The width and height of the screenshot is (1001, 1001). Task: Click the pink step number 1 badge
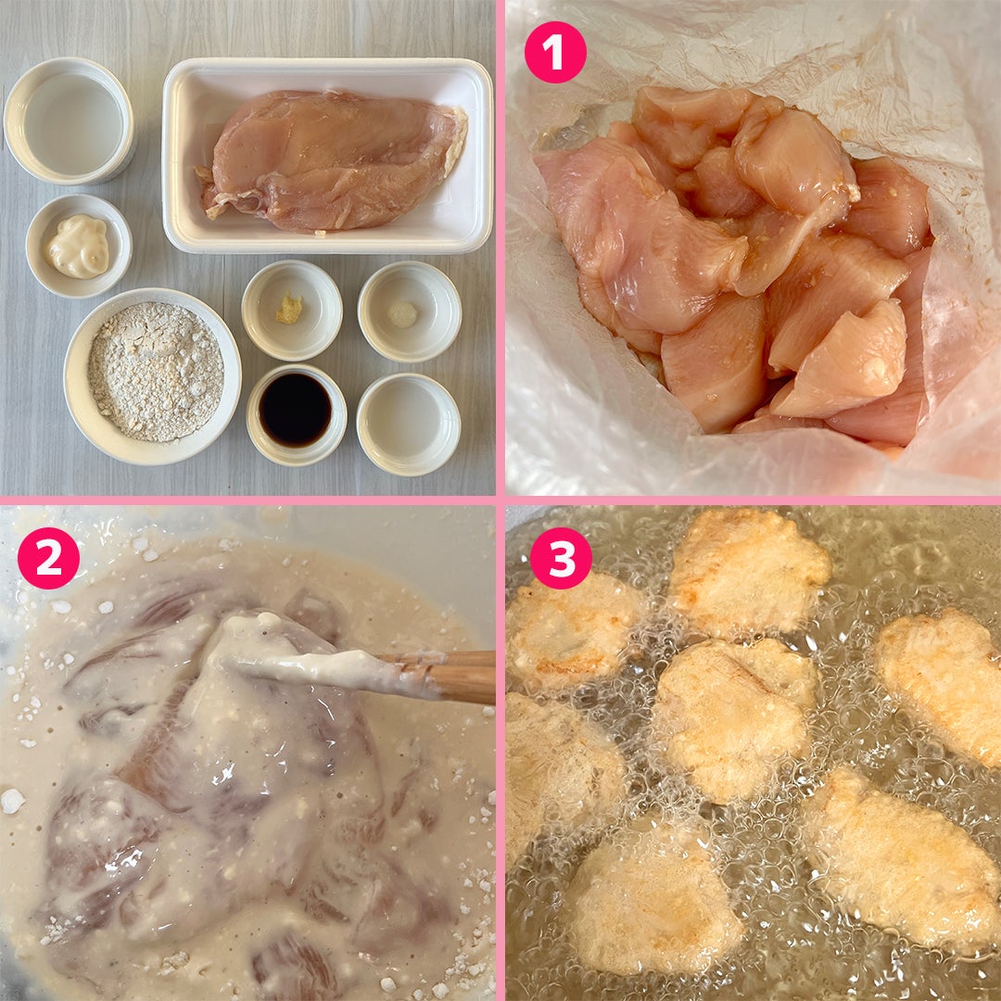click(x=555, y=52)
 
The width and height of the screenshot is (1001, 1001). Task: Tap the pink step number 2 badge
click(x=48, y=558)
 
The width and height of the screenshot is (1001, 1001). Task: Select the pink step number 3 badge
click(x=561, y=558)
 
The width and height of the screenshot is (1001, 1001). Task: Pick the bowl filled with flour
click(x=153, y=376)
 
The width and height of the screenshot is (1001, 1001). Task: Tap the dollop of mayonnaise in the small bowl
click(x=79, y=247)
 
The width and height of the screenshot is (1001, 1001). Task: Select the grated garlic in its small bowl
click(x=403, y=314)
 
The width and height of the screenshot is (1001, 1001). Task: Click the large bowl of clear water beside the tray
click(x=69, y=120)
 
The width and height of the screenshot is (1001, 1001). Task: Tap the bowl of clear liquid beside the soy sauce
click(x=409, y=424)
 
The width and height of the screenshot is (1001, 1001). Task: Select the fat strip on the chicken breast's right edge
click(x=458, y=142)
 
